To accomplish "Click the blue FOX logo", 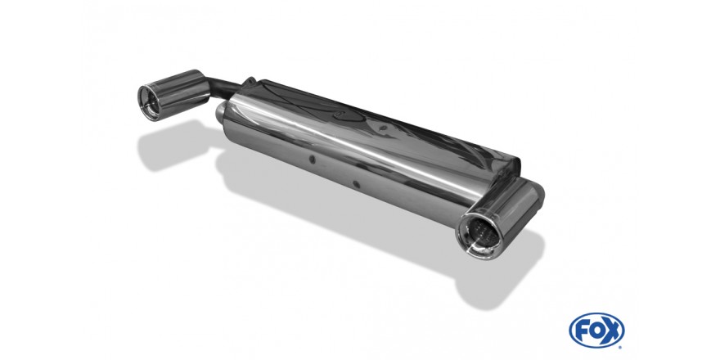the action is [x=596, y=331].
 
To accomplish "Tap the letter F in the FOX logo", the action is [x=583, y=331].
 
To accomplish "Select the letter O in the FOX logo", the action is [x=597, y=331].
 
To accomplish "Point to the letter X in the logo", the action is [x=613, y=331].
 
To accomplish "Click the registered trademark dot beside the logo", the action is [x=621, y=346].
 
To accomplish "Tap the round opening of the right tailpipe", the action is [x=478, y=234].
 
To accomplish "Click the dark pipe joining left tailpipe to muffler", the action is [x=224, y=90].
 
